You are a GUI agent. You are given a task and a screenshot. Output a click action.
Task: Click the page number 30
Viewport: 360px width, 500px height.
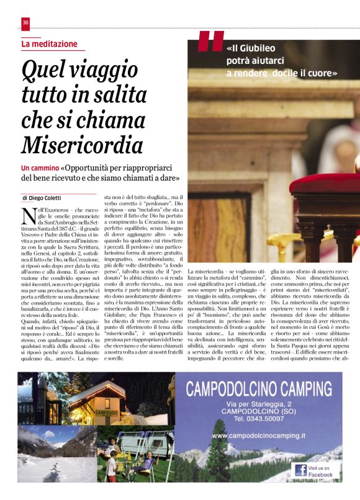25,24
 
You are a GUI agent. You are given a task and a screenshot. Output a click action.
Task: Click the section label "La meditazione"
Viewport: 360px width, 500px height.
50,45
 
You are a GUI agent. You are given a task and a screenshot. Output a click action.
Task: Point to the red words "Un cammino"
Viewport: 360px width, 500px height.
40,168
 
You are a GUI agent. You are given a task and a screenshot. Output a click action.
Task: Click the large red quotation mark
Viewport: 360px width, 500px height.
210,42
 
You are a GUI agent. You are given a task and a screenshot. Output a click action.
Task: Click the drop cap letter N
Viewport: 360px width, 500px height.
27,217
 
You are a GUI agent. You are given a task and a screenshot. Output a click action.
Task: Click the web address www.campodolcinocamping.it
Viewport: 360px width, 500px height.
263,437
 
